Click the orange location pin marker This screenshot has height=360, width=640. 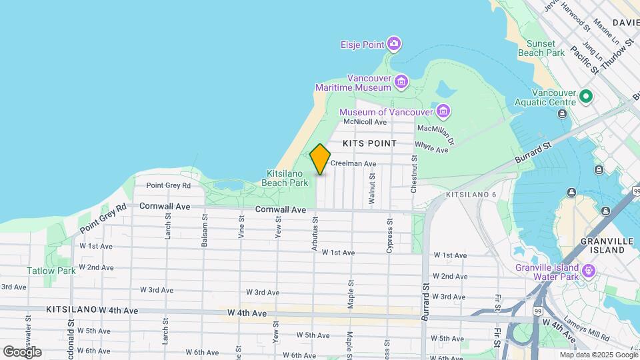320,159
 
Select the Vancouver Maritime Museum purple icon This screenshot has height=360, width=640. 401,83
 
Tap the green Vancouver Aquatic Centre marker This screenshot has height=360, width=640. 586,97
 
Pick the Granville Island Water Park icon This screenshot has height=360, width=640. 588,271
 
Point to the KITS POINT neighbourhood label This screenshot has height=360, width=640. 369,143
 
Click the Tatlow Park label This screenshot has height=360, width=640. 51,271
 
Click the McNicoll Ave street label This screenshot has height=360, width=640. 365,122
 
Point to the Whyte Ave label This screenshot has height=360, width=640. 431,147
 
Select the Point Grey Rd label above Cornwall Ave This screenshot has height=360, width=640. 168,185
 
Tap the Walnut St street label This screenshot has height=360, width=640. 371,188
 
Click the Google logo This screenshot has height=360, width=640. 22,351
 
